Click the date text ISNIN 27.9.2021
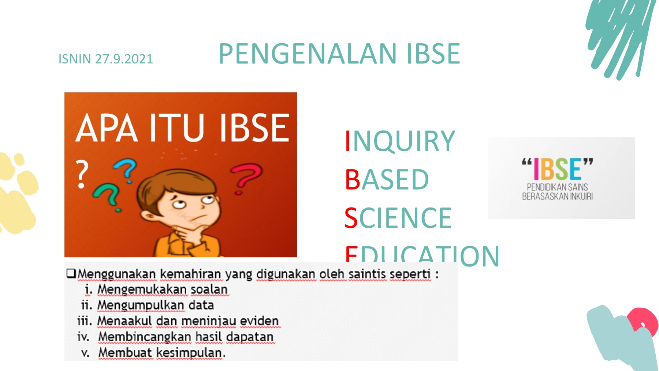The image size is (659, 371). pos(105,59)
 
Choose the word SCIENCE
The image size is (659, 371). pos(398,218)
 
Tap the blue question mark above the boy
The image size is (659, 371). pos(126,170)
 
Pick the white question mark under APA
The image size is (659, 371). pos(82,173)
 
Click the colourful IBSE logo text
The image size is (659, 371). pos(557,169)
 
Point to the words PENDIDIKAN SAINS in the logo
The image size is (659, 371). pos(557,187)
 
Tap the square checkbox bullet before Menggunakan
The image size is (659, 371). pos(71,273)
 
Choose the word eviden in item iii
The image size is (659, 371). pos(259,321)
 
